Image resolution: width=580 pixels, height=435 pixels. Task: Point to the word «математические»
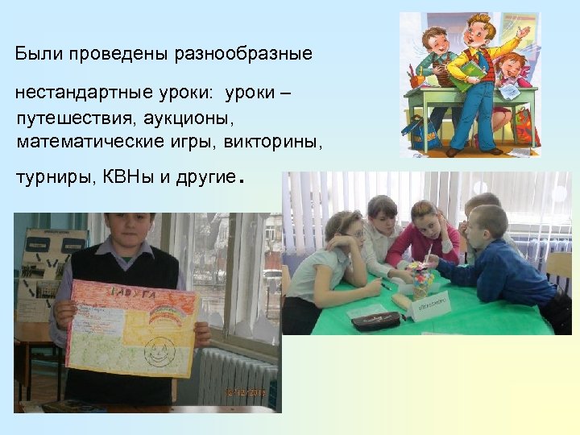click(78, 143)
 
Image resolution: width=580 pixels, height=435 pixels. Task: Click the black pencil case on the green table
click(375, 320)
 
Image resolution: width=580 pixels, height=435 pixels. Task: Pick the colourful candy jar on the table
click(421, 280)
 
